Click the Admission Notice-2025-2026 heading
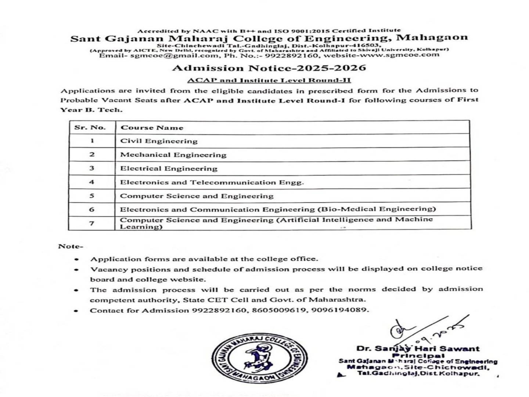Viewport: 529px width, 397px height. (x=269, y=68)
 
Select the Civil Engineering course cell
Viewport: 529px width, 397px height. (x=159, y=141)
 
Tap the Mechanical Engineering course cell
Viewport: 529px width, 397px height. (x=173, y=155)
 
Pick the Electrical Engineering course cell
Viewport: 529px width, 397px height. (x=169, y=169)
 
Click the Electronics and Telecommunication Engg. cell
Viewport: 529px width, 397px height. (x=212, y=182)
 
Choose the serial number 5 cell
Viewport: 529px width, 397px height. (x=92, y=196)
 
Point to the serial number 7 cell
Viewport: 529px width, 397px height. (x=92, y=223)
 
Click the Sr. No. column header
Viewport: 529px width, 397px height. (x=90, y=128)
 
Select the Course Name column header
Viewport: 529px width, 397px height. (x=152, y=128)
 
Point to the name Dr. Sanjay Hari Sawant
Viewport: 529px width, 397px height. (x=418, y=349)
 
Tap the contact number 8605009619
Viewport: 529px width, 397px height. (x=280, y=310)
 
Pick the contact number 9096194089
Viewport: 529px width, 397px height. (x=339, y=310)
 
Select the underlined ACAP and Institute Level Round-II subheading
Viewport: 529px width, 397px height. (x=269, y=80)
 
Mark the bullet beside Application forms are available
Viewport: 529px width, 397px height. (x=76, y=259)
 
